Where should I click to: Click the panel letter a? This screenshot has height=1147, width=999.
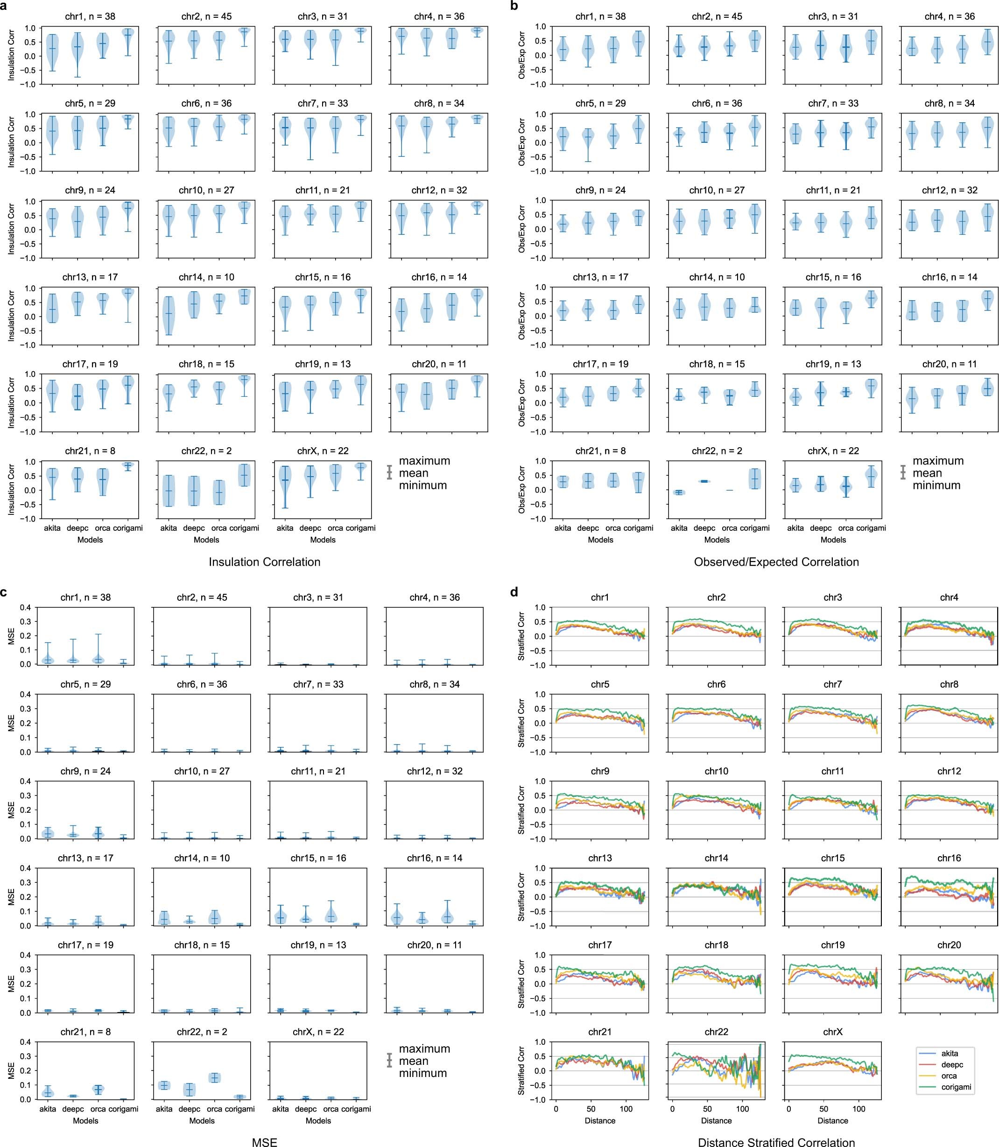[x=5, y=6]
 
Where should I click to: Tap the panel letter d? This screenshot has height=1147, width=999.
[x=514, y=592]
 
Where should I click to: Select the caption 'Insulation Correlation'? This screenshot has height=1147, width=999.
[x=264, y=562]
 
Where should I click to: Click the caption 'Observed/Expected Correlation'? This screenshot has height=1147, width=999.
[x=776, y=562]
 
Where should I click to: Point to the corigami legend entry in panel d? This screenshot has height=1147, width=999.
[x=956, y=1087]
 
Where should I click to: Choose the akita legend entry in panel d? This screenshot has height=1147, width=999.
[x=950, y=1053]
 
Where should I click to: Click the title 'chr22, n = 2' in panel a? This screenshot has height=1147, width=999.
[x=206, y=451]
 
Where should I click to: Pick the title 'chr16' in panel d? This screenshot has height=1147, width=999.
[x=949, y=858]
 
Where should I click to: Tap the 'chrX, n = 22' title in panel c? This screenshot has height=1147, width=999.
[x=318, y=1032]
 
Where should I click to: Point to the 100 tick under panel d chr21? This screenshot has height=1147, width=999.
[x=626, y=1109]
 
